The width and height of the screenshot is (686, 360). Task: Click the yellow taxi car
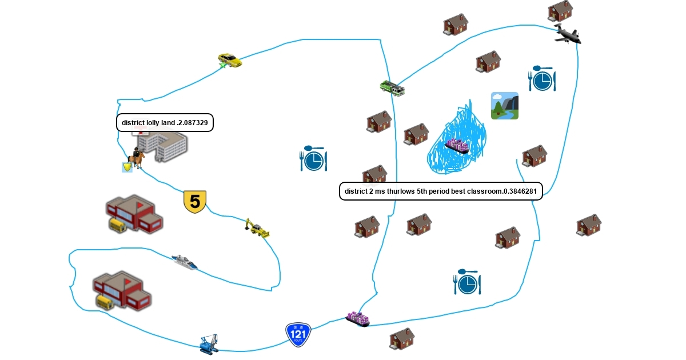(x=230, y=59)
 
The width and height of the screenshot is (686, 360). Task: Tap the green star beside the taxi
(x=222, y=65)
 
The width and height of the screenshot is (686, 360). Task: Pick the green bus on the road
(x=392, y=88)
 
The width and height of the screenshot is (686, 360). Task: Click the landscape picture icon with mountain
(x=504, y=106)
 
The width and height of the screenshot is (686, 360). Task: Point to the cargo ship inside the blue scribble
(x=457, y=146)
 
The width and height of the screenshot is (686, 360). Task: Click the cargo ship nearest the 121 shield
(x=358, y=319)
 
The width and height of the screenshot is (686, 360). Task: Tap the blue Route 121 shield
(x=298, y=334)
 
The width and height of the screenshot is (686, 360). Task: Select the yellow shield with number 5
(x=194, y=202)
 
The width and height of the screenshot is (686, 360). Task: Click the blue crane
(x=209, y=344)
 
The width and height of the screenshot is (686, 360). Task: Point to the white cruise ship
(x=185, y=262)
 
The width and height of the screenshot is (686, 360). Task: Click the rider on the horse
(x=137, y=157)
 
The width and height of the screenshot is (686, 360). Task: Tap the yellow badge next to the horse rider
(x=127, y=167)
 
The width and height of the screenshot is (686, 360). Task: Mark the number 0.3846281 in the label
(x=520, y=191)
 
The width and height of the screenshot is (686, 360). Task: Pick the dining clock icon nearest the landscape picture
(x=542, y=80)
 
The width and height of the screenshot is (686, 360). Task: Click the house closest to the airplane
(x=560, y=11)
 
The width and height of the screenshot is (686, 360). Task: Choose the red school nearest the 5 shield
(x=134, y=214)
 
